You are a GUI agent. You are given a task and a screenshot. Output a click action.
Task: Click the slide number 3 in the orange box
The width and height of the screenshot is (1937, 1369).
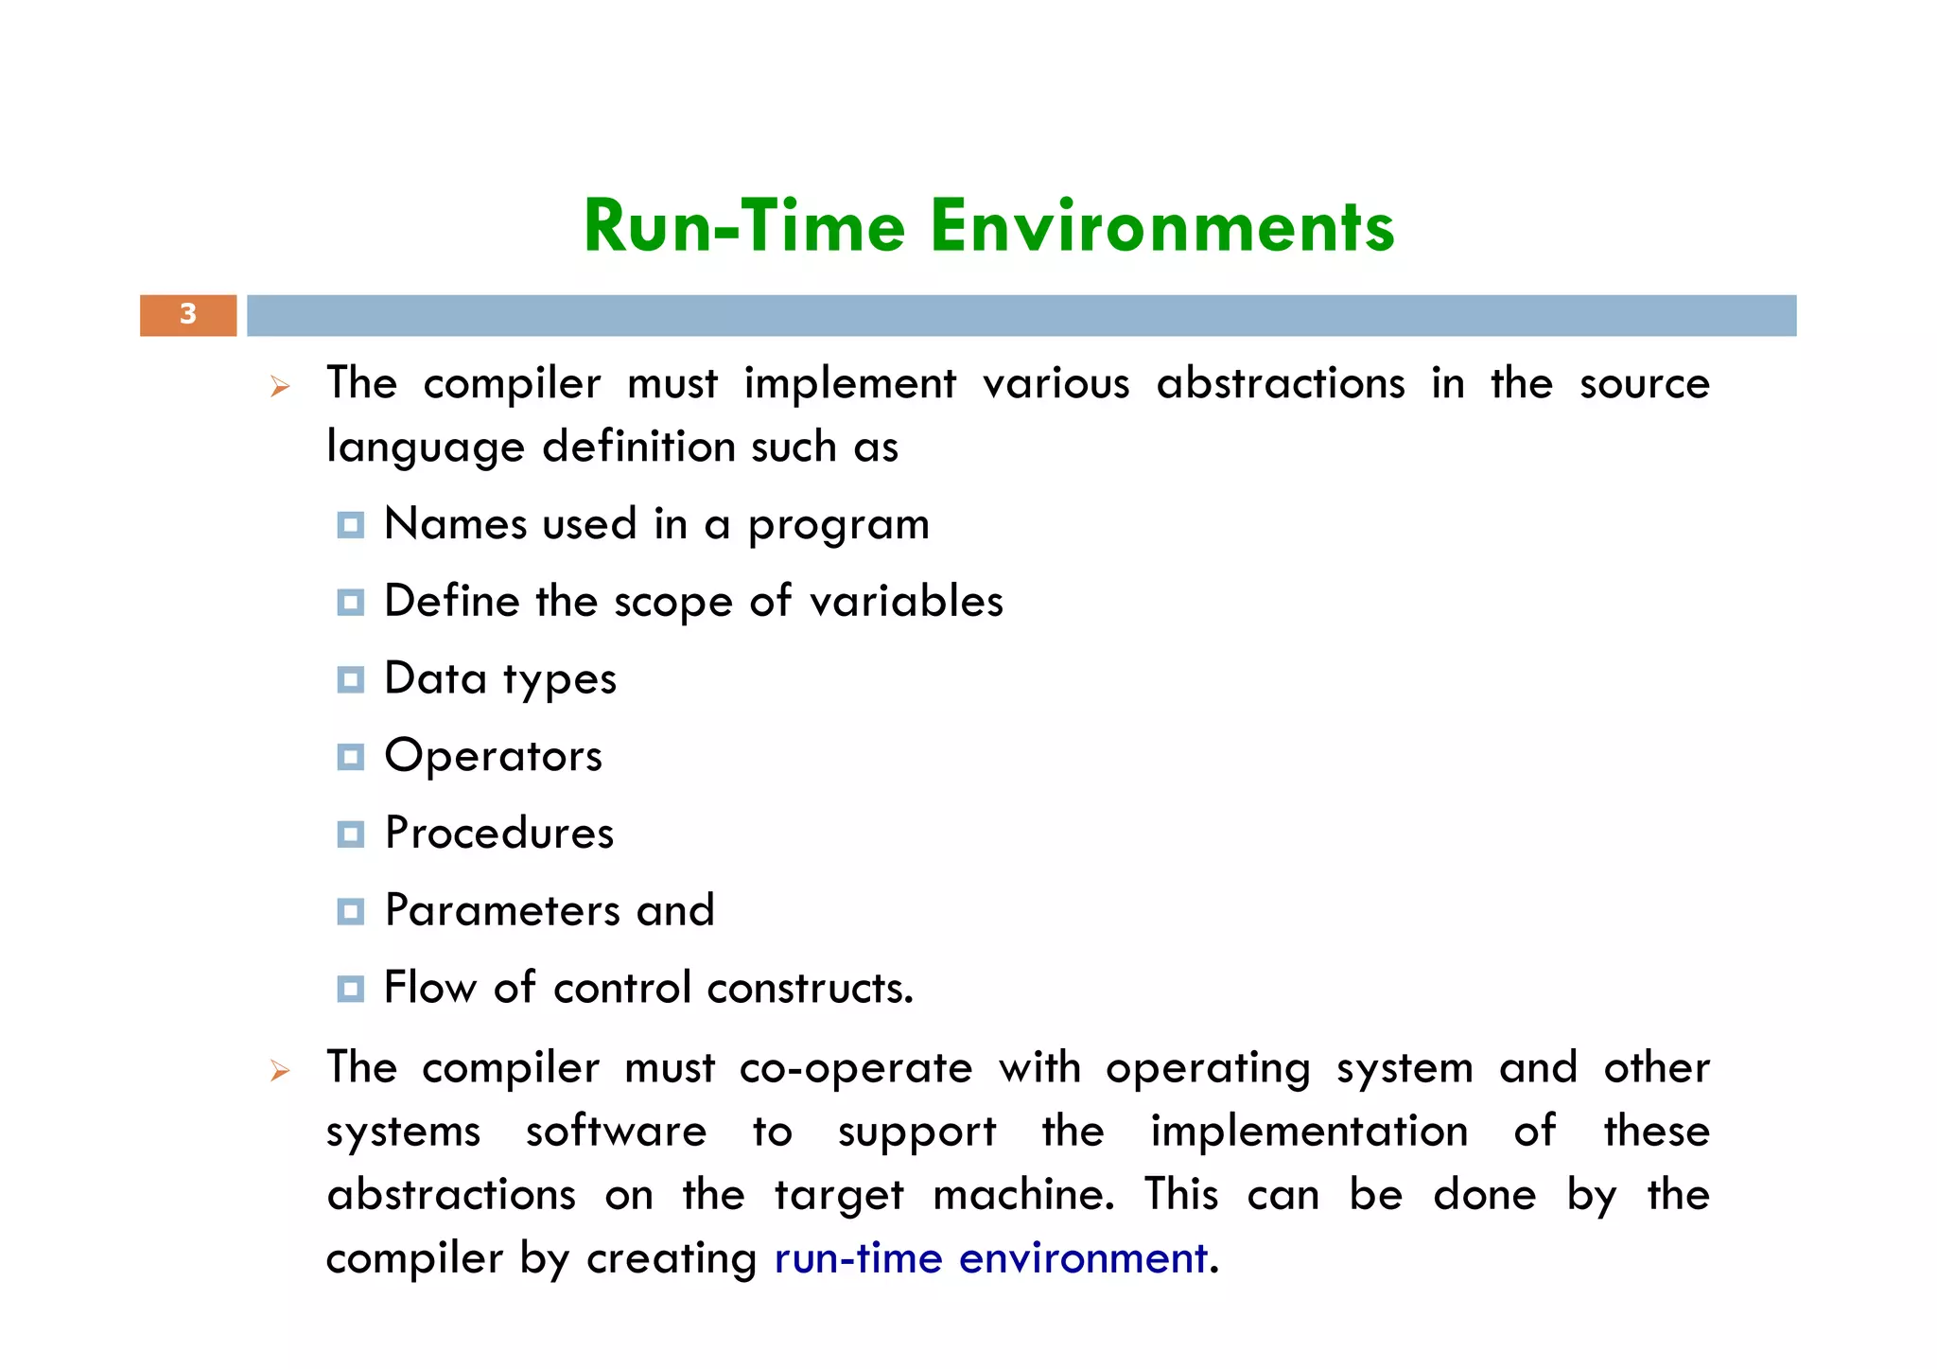188,314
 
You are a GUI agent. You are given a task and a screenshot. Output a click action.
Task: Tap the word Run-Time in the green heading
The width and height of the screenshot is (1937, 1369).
744,227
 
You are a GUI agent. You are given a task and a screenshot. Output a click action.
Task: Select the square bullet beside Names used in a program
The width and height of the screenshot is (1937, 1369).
351,525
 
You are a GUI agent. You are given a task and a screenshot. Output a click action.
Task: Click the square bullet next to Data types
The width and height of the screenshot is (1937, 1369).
351,679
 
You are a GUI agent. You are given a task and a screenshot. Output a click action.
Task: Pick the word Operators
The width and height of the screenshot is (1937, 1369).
493,756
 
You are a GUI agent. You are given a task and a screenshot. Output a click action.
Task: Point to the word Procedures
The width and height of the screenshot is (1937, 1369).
499,834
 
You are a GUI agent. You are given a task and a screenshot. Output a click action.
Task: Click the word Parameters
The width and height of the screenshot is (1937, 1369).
502,910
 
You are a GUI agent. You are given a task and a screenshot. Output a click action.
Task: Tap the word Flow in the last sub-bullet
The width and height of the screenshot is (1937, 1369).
429,988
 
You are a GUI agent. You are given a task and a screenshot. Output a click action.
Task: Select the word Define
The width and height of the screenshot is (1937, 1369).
452,602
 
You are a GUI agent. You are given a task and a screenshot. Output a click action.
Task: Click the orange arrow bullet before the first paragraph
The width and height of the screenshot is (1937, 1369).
279,386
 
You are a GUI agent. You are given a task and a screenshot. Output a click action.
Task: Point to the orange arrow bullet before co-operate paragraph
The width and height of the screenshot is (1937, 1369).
279,1070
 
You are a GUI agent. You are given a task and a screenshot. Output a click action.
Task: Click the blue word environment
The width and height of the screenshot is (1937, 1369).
1083,1258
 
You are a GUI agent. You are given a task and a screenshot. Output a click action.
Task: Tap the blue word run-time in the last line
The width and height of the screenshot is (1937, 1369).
858,1258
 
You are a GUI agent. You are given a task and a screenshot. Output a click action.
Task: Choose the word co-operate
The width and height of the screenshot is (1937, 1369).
855,1068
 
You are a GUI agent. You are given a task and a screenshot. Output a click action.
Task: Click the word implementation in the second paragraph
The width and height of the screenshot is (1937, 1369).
1309,1132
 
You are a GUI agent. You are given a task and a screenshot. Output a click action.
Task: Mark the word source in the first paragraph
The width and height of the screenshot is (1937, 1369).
1644,384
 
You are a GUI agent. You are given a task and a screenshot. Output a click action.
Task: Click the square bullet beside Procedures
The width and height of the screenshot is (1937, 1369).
351,834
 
